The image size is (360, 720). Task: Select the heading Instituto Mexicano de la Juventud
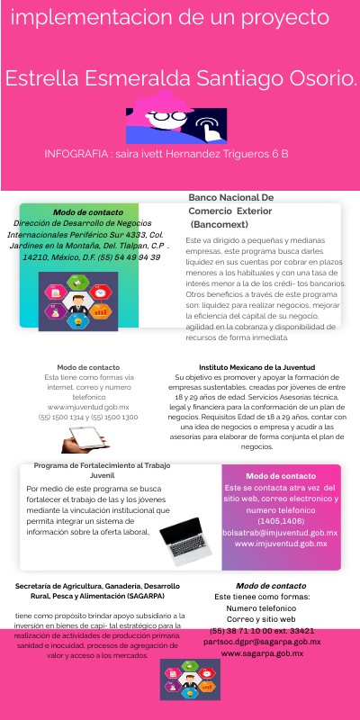[256, 368]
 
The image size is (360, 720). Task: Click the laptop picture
[185, 540]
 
